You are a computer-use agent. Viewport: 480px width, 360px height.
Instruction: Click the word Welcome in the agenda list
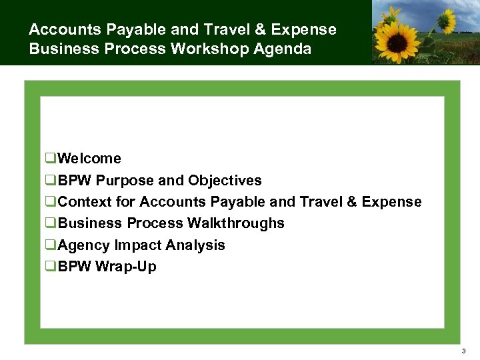coord(89,159)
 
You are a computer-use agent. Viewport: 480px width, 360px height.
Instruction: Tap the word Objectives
coord(225,181)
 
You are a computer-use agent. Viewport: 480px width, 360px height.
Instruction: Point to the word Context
coord(83,202)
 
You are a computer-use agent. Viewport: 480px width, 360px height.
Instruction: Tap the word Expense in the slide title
coord(306,30)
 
